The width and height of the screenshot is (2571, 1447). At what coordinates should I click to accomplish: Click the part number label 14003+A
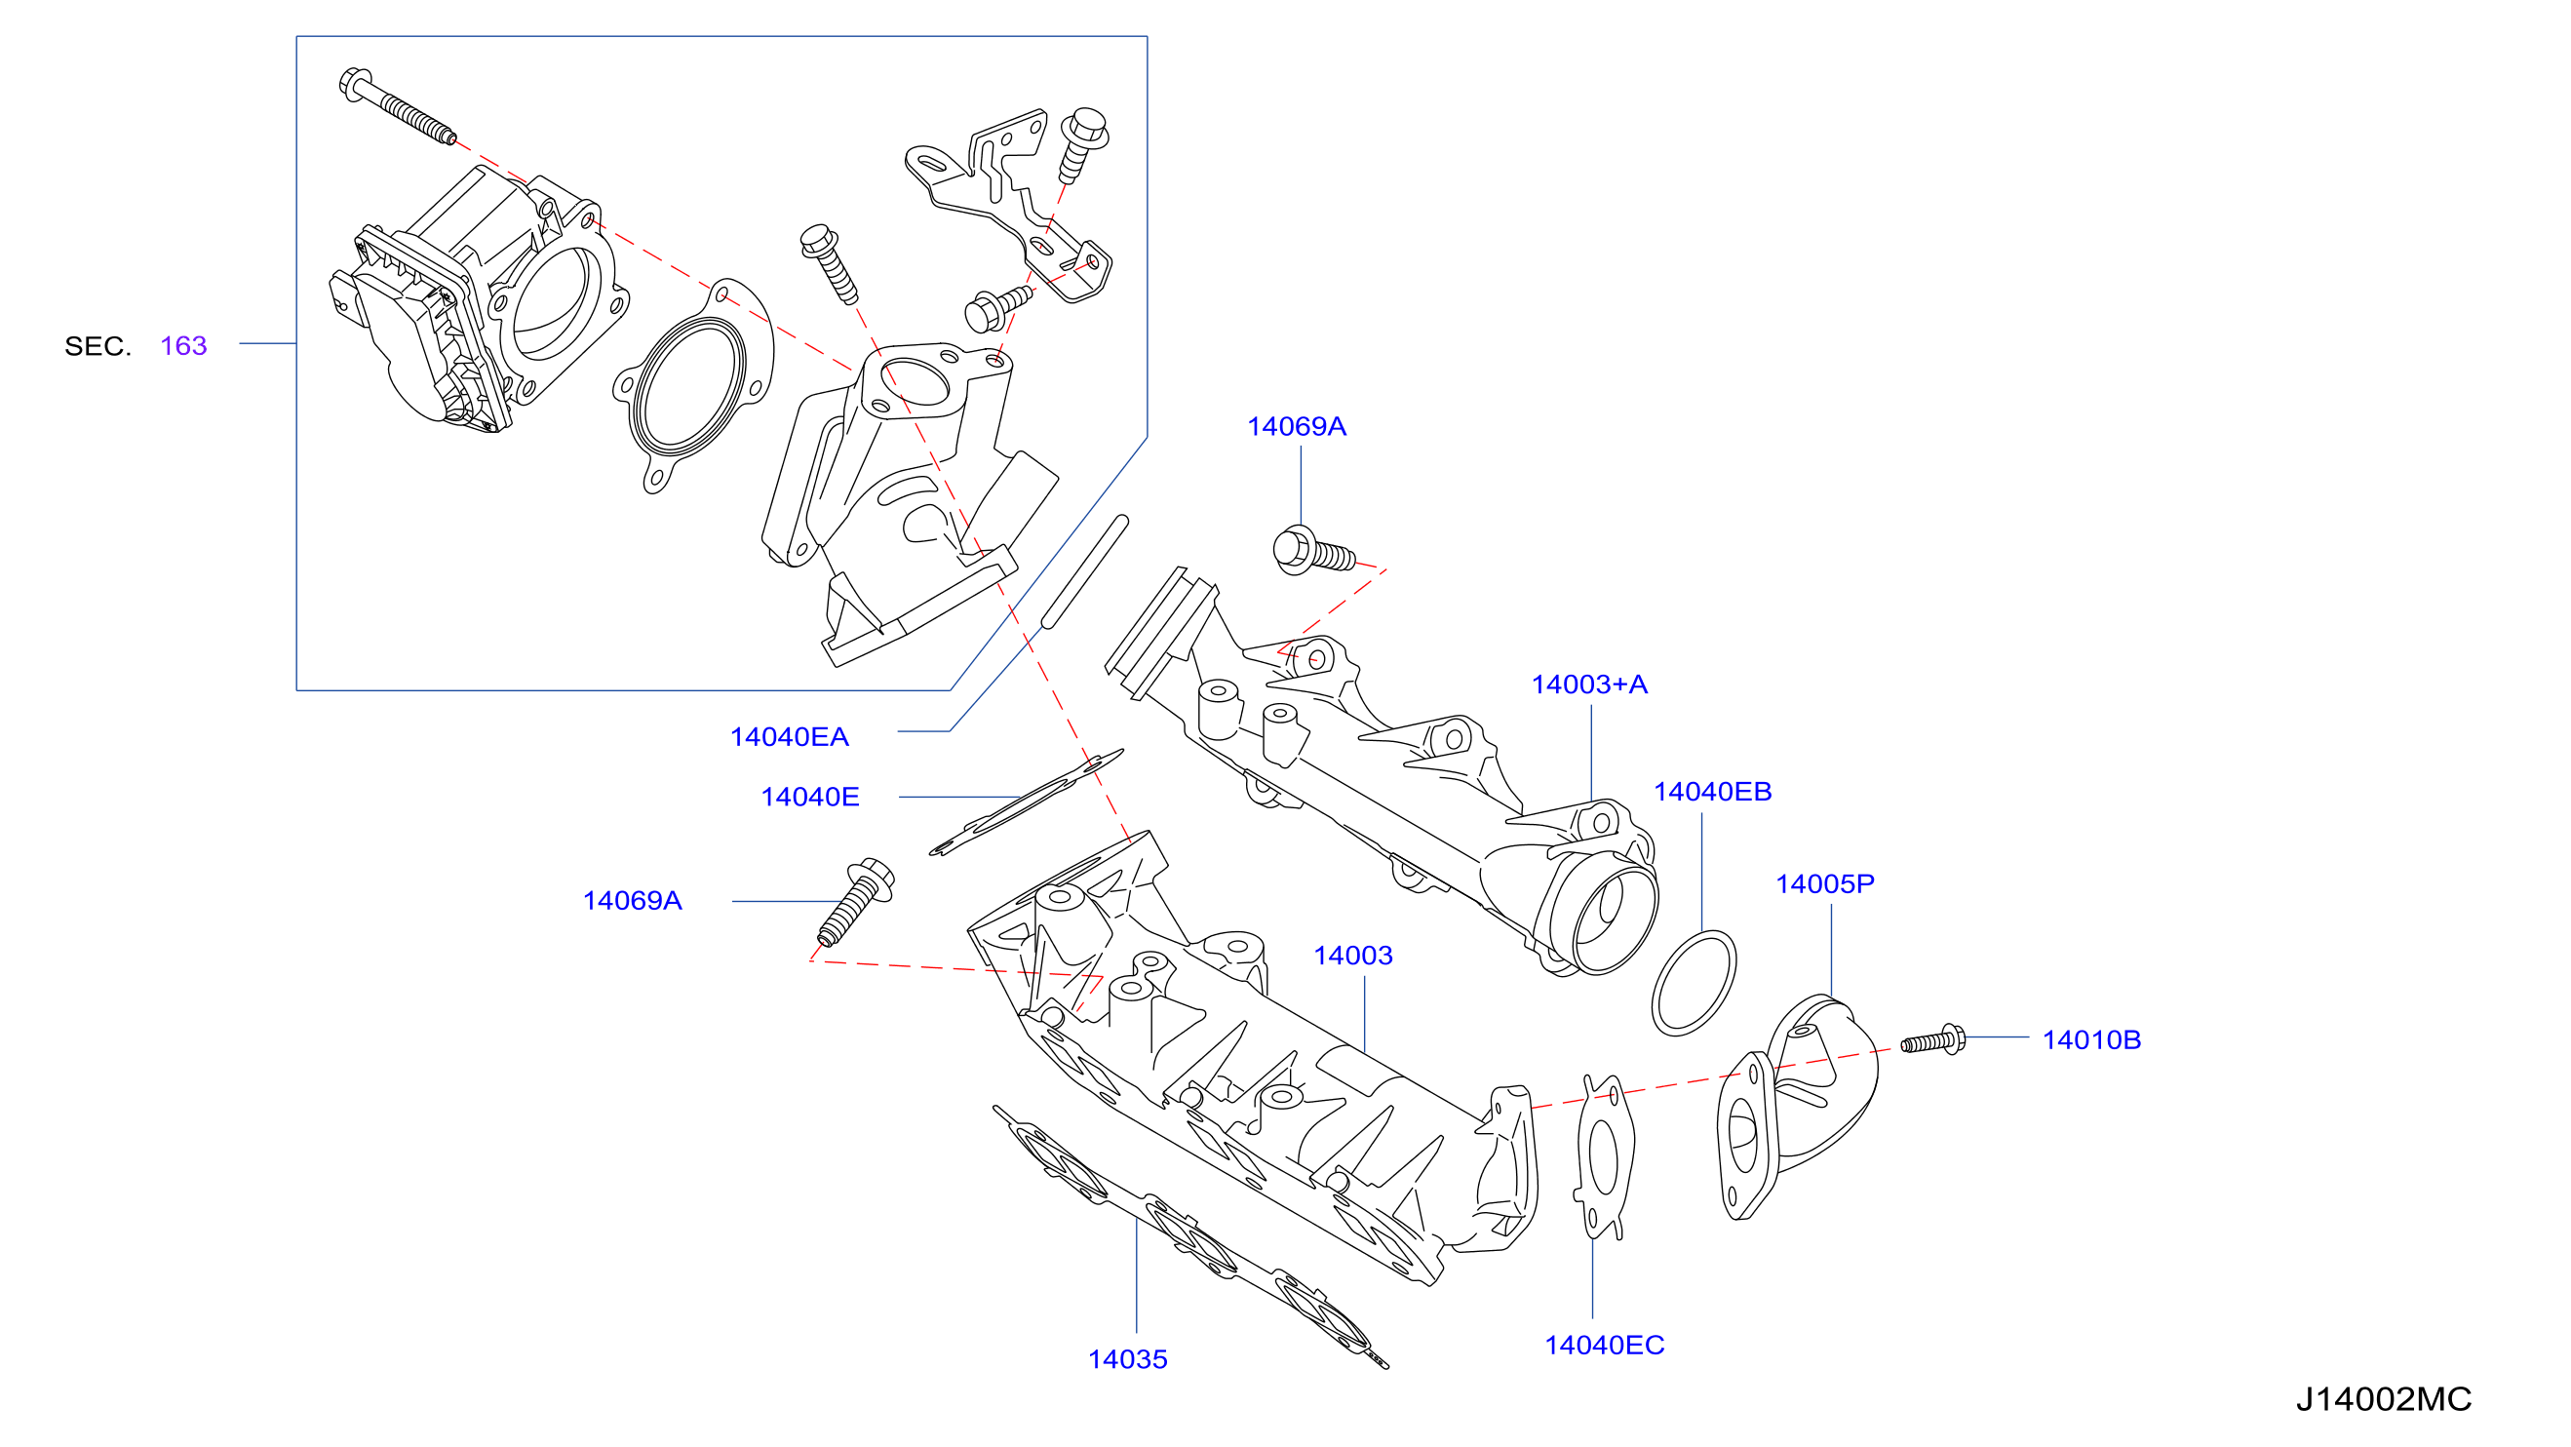(1589, 684)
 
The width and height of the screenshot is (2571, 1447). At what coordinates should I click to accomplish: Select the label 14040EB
(1713, 792)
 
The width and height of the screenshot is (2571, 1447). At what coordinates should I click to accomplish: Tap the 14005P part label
(1824, 883)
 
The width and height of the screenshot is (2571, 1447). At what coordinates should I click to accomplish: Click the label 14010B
(2091, 1039)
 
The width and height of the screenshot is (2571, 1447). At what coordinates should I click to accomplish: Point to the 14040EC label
(1604, 1346)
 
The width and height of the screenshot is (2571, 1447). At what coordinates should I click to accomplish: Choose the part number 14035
(1127, 1359)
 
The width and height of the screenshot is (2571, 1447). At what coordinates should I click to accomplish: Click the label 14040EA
(789, 736)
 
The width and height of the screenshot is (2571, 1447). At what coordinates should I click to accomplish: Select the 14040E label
(809, 797)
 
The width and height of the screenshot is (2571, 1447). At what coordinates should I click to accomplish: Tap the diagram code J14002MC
(2384, 1399)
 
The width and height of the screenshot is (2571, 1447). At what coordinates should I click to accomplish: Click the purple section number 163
(183, 345)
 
